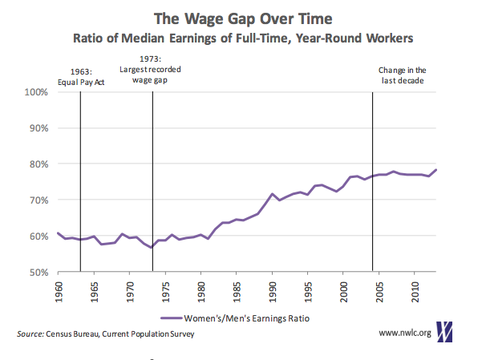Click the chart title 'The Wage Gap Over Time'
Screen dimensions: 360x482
pyautogui.click(x=241, y=15)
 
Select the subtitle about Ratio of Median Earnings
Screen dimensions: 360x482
pyautogui.click(x=241, y=36)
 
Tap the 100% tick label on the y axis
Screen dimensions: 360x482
pyautogui.click(x=38, y=92)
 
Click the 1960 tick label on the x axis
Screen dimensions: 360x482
pyautogui.click(x=59, y=290)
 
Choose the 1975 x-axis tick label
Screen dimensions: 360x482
pyautogui.click(x=164, y=290)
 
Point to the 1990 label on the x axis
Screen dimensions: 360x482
pyautogui.click(x=272, y=290)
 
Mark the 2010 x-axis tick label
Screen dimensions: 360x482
pyautogui.click(x=415, y=290)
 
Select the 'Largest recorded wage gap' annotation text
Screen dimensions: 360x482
pyautogui.click(x=152, y=75)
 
